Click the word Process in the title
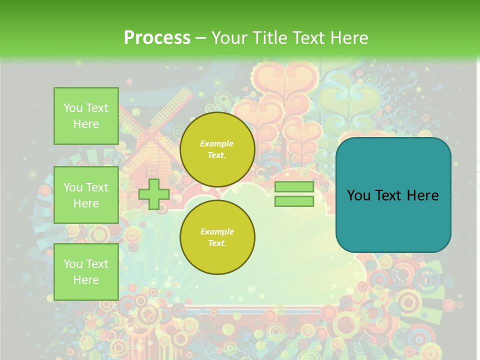(x=157, y=38)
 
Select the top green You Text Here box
(x=86, y=116)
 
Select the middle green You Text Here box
(x=86, y=195)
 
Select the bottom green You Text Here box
(x=86, y=271)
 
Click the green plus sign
(x=154, y=194)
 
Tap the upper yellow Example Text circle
(x=217, y=149)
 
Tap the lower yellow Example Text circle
(x=217, y=237)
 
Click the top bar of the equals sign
(x=294, y=187)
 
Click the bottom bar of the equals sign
(x=294, y=201)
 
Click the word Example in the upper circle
(x=217, y=143)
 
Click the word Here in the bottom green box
(x=86, y=280)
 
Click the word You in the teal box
(x=358, y=195)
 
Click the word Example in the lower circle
(x=217, y=231)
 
